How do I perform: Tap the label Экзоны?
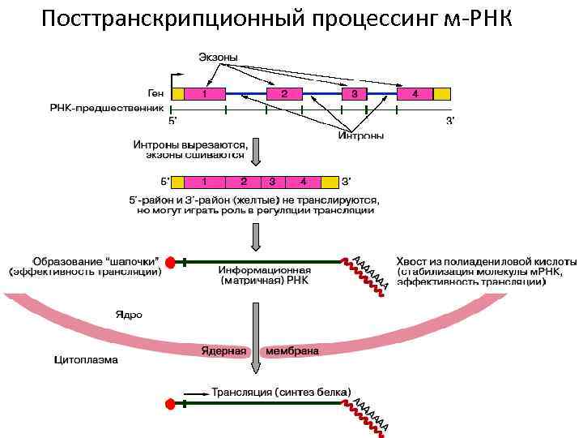point(219,58)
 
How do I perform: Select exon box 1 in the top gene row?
point(205,94)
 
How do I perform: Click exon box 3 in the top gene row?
point(352,94)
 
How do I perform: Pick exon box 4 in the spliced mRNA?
point(303,181)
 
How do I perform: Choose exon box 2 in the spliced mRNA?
point(243,181)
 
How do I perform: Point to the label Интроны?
point(360,135)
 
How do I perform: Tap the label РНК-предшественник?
point(107,107)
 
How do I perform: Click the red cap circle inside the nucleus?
point(170,262)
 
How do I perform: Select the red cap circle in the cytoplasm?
point(170,403)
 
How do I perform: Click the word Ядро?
point(127,314)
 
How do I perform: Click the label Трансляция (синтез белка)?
point(281,392)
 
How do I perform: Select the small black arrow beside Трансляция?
point(194,393)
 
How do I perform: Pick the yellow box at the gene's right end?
point(441,94)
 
